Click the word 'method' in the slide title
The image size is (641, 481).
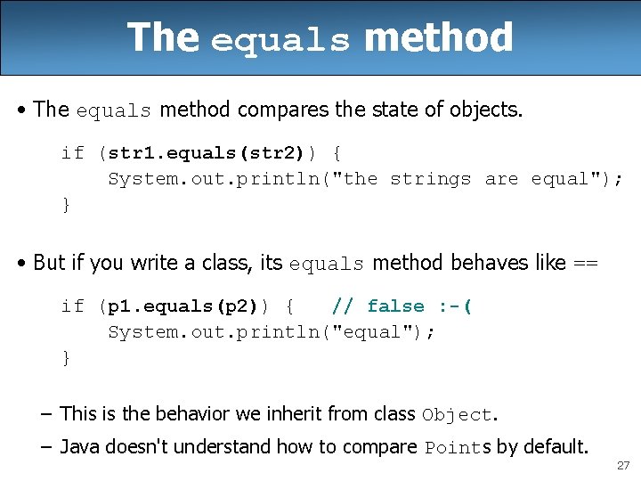[438, 38]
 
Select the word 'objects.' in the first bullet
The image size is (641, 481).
[492, 110]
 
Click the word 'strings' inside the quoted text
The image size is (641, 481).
[430, 179]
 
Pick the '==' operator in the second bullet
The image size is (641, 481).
[586, 264]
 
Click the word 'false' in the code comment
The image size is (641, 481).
[395, 306]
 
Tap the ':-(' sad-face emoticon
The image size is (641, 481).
[455, 306]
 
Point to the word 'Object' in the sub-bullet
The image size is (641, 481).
[457, 415]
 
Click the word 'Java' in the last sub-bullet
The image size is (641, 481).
[80, 447]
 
